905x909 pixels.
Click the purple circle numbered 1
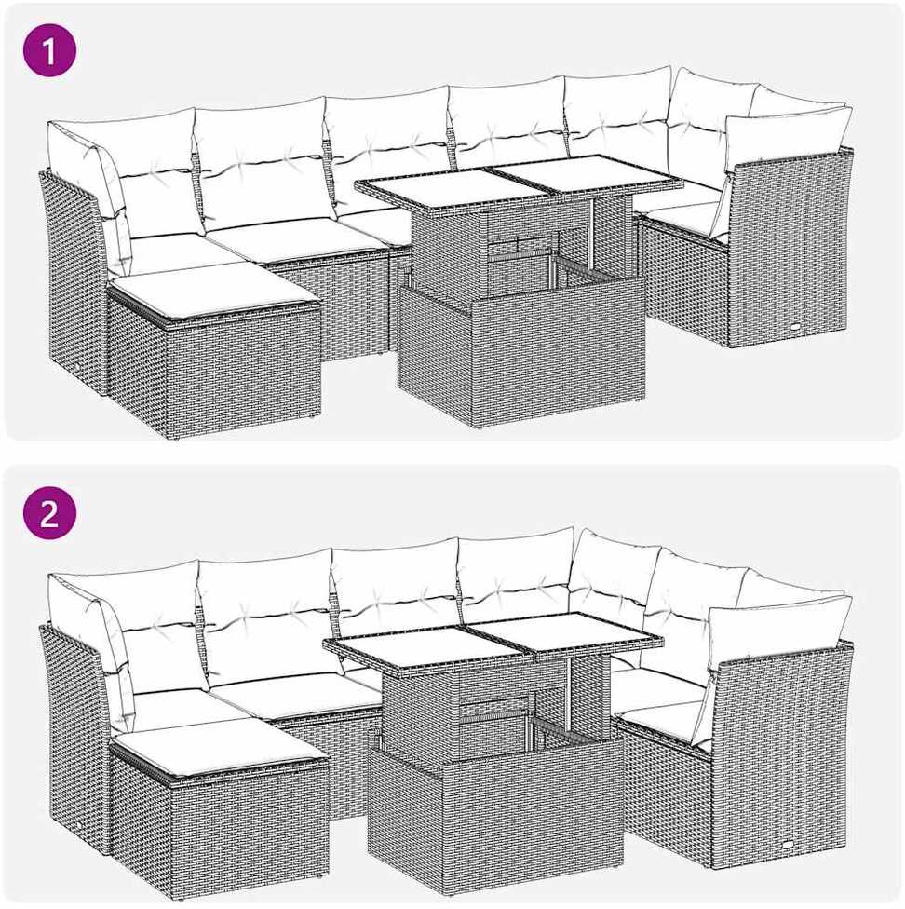pyautogui.click(x=50, y=50)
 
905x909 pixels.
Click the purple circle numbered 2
pyautogui.click(x=50, y=513)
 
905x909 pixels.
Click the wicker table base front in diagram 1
pyautogui.click(x=559, y=357)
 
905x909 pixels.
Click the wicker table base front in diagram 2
pyautogui.click(x=532, y=819)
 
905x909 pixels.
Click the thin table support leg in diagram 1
pyautogui.click(x=591, y=232)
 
